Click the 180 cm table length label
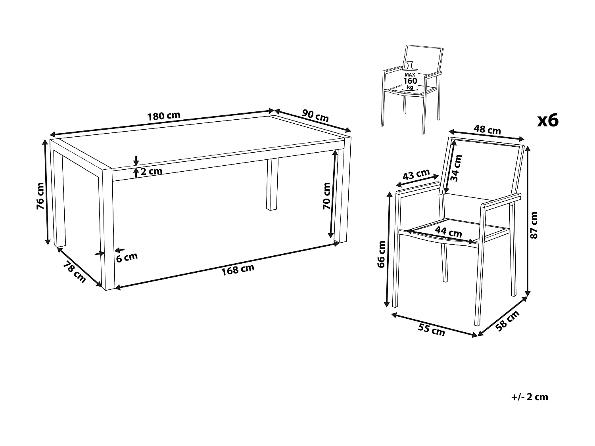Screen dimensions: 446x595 pos(163,116)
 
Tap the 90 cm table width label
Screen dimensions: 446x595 pos(315,115)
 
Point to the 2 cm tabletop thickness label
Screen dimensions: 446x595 pos(151,172)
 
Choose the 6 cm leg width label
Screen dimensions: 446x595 pos(127,257)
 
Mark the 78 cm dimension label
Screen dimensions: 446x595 pos(74,273)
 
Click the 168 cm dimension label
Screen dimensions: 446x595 pos(238,269)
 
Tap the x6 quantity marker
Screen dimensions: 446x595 pos(547,120)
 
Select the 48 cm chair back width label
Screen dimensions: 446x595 pos(488,130)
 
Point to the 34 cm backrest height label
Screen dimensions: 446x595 pos(458,168)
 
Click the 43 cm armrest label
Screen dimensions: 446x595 pos(416,175)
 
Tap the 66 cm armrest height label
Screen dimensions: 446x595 pos(382,254)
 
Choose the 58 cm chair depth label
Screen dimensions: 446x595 pos(507,320)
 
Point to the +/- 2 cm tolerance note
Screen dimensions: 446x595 pos(530,397)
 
